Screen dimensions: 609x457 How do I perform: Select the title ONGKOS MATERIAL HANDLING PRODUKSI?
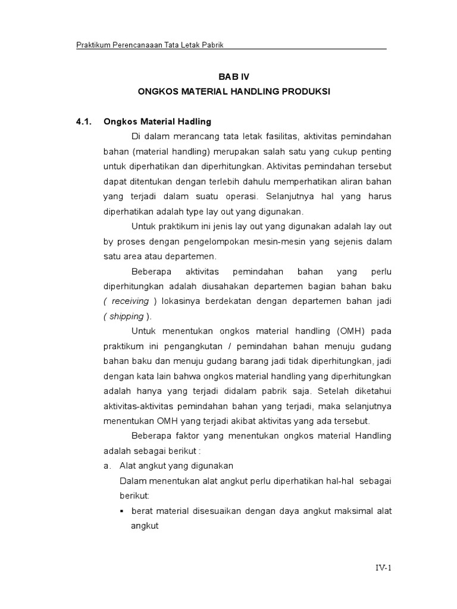[x=233, y=92]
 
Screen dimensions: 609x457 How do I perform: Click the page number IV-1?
[x=383, y=567]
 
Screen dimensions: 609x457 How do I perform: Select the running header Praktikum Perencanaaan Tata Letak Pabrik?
[x=149, y=46]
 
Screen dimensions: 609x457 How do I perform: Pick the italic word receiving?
[x=130, y=302]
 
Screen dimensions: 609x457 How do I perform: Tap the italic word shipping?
[x=126, y=316]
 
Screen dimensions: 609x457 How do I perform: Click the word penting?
[x=376, y=152]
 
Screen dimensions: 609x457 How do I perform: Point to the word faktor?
[x=189, y=436]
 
